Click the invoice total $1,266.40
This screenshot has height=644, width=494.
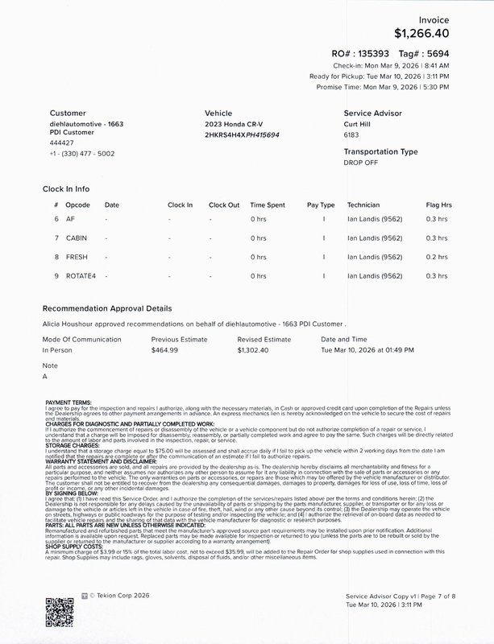(x=421, y=34)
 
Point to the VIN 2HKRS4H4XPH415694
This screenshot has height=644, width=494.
(x=243, y=135)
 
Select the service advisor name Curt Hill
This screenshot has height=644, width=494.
(x=360, y=126)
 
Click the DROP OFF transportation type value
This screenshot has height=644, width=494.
(x=361, y=163)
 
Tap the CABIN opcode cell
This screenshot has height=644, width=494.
(x=77, y=238)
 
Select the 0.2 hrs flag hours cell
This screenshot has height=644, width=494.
(x=437, y=258)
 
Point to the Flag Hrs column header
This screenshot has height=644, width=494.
(x=438, y=204)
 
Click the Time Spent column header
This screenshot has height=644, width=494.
(x=268, y=204)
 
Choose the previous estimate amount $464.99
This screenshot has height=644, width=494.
(x=164, y=351)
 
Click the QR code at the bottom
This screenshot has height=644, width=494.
(x=60, y=613)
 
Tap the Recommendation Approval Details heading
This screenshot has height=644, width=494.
(x=107, y=308)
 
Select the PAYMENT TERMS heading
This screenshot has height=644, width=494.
(x=68, y=402)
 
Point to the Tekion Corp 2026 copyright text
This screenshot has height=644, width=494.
(x=121, y=596)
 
